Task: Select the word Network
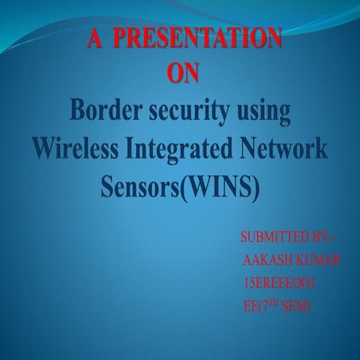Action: pos(286,149)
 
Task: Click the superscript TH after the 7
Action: pos(280,301)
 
